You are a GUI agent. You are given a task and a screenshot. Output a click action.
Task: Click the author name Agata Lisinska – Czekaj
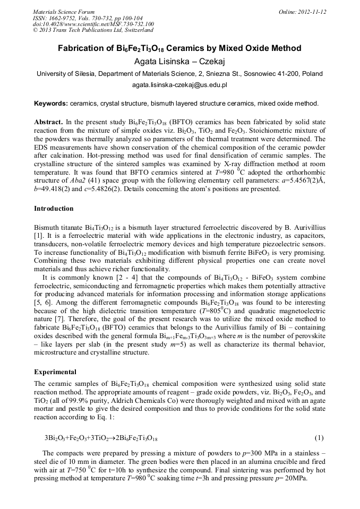point(179,61)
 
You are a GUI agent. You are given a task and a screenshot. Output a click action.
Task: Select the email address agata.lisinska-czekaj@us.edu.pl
point(179,85)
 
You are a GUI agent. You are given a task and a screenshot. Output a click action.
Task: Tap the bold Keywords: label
point(51,103)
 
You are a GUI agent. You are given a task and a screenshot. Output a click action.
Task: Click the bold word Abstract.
point(48,122)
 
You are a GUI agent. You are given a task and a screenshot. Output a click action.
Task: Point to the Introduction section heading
point(54,209)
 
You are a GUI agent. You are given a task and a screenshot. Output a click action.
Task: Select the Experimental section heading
point(55,372)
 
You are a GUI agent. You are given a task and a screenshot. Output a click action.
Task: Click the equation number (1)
point(319,438)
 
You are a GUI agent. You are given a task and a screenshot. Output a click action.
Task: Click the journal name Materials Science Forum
point(64,12)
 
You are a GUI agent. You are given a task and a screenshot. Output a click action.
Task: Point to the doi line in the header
point(93,24)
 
